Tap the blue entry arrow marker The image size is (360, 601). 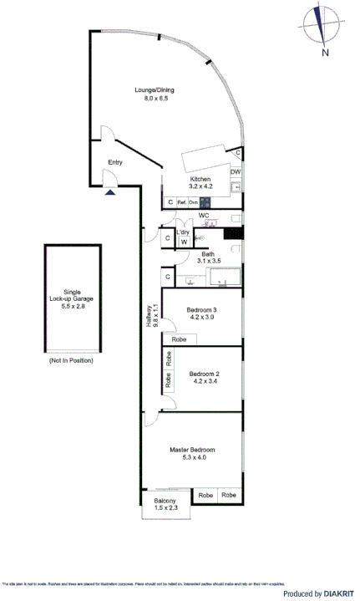pos(110,191)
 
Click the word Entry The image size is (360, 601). pos(115,163)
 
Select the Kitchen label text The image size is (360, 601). pos(200,179)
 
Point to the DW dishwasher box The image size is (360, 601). pos(236,172)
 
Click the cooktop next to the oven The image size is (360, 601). pos(205,201)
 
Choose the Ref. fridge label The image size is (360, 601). pos(181,202)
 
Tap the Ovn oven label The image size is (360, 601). pos(193,202)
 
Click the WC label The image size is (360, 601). pos(203,216)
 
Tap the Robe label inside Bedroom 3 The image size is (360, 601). pos(179,339)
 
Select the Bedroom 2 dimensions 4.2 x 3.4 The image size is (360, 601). pos(205,381)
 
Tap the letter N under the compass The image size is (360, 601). pos(325,53)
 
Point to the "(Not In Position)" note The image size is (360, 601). pos(70,360)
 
